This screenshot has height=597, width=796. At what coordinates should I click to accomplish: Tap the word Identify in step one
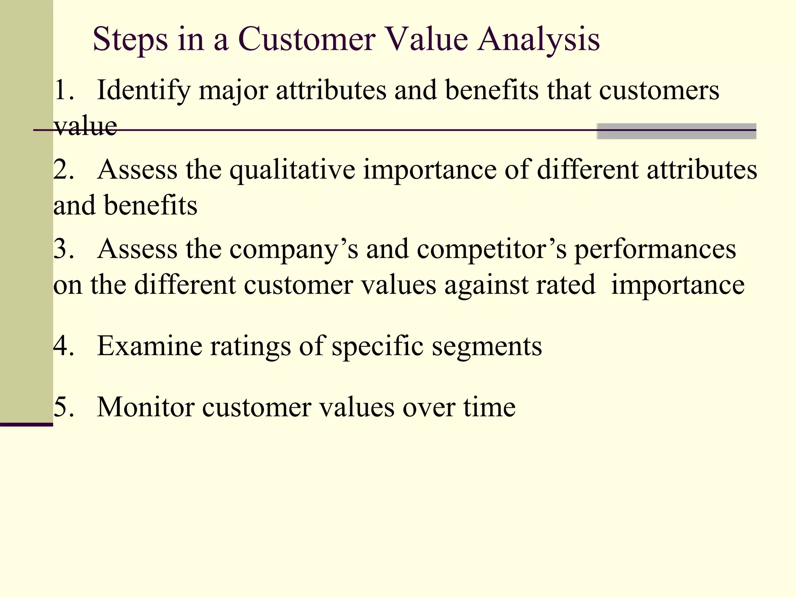tap(143, 91)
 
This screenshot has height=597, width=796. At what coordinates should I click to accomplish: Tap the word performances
tap(655, 250)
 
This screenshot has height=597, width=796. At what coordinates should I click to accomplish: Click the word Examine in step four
tap(150, 346)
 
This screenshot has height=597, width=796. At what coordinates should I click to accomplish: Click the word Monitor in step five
tap(146, 407)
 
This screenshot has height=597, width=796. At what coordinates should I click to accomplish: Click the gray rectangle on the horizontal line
tap(676, 131)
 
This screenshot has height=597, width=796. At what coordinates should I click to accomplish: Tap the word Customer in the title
tap(306, 40)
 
